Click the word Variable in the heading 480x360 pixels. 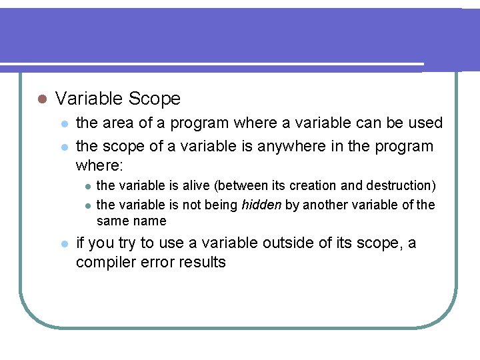[89, 99]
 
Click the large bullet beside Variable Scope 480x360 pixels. [41, 99]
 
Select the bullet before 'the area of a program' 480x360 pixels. [63, 123]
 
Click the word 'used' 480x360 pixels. [425, 123]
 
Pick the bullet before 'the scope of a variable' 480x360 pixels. [63, 146]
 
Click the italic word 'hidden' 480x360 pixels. [261, 205]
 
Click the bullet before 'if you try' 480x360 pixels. [63, 244]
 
